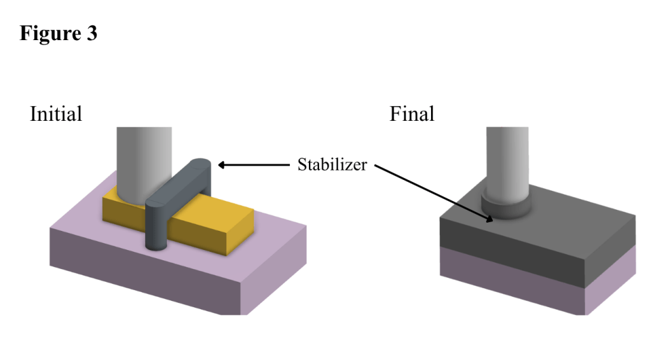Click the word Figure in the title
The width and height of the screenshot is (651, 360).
pyautogui.click(x=50, y=33)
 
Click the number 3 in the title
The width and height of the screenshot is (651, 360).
pyautogui.click(x=92, y=33)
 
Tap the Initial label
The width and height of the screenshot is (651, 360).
pyautogui.click(x=56, y=114)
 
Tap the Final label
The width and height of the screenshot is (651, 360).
pyautogui.click(x=412, y=114)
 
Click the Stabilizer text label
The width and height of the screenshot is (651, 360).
pyautogui.click(x=332, y=165)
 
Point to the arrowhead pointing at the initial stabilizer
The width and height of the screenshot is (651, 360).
pyautogui.click(x=222, y=165)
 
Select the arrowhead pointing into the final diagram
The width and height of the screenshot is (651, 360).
pyautogui.click(x=489, y=219)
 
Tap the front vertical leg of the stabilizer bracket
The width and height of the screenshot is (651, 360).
pyautogui.click(x=156, y=226)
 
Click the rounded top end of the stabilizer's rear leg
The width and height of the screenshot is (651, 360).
pyautogui.click(x=200, y=163)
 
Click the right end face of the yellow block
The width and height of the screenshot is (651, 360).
pyautogui.click(x=240, y=230)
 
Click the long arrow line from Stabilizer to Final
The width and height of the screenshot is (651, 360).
pyautogui.click(x=434, y=192)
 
